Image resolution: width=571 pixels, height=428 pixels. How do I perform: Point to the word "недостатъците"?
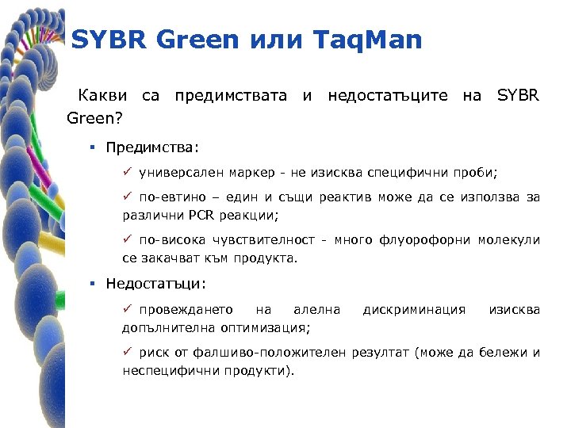(x=388, y=97)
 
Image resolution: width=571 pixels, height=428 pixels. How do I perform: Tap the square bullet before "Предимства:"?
(x=94, y=147)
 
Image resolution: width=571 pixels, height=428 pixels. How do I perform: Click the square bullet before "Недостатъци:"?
(x=94, y=284)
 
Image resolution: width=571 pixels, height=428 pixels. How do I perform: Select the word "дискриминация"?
(x=414, y=309)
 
